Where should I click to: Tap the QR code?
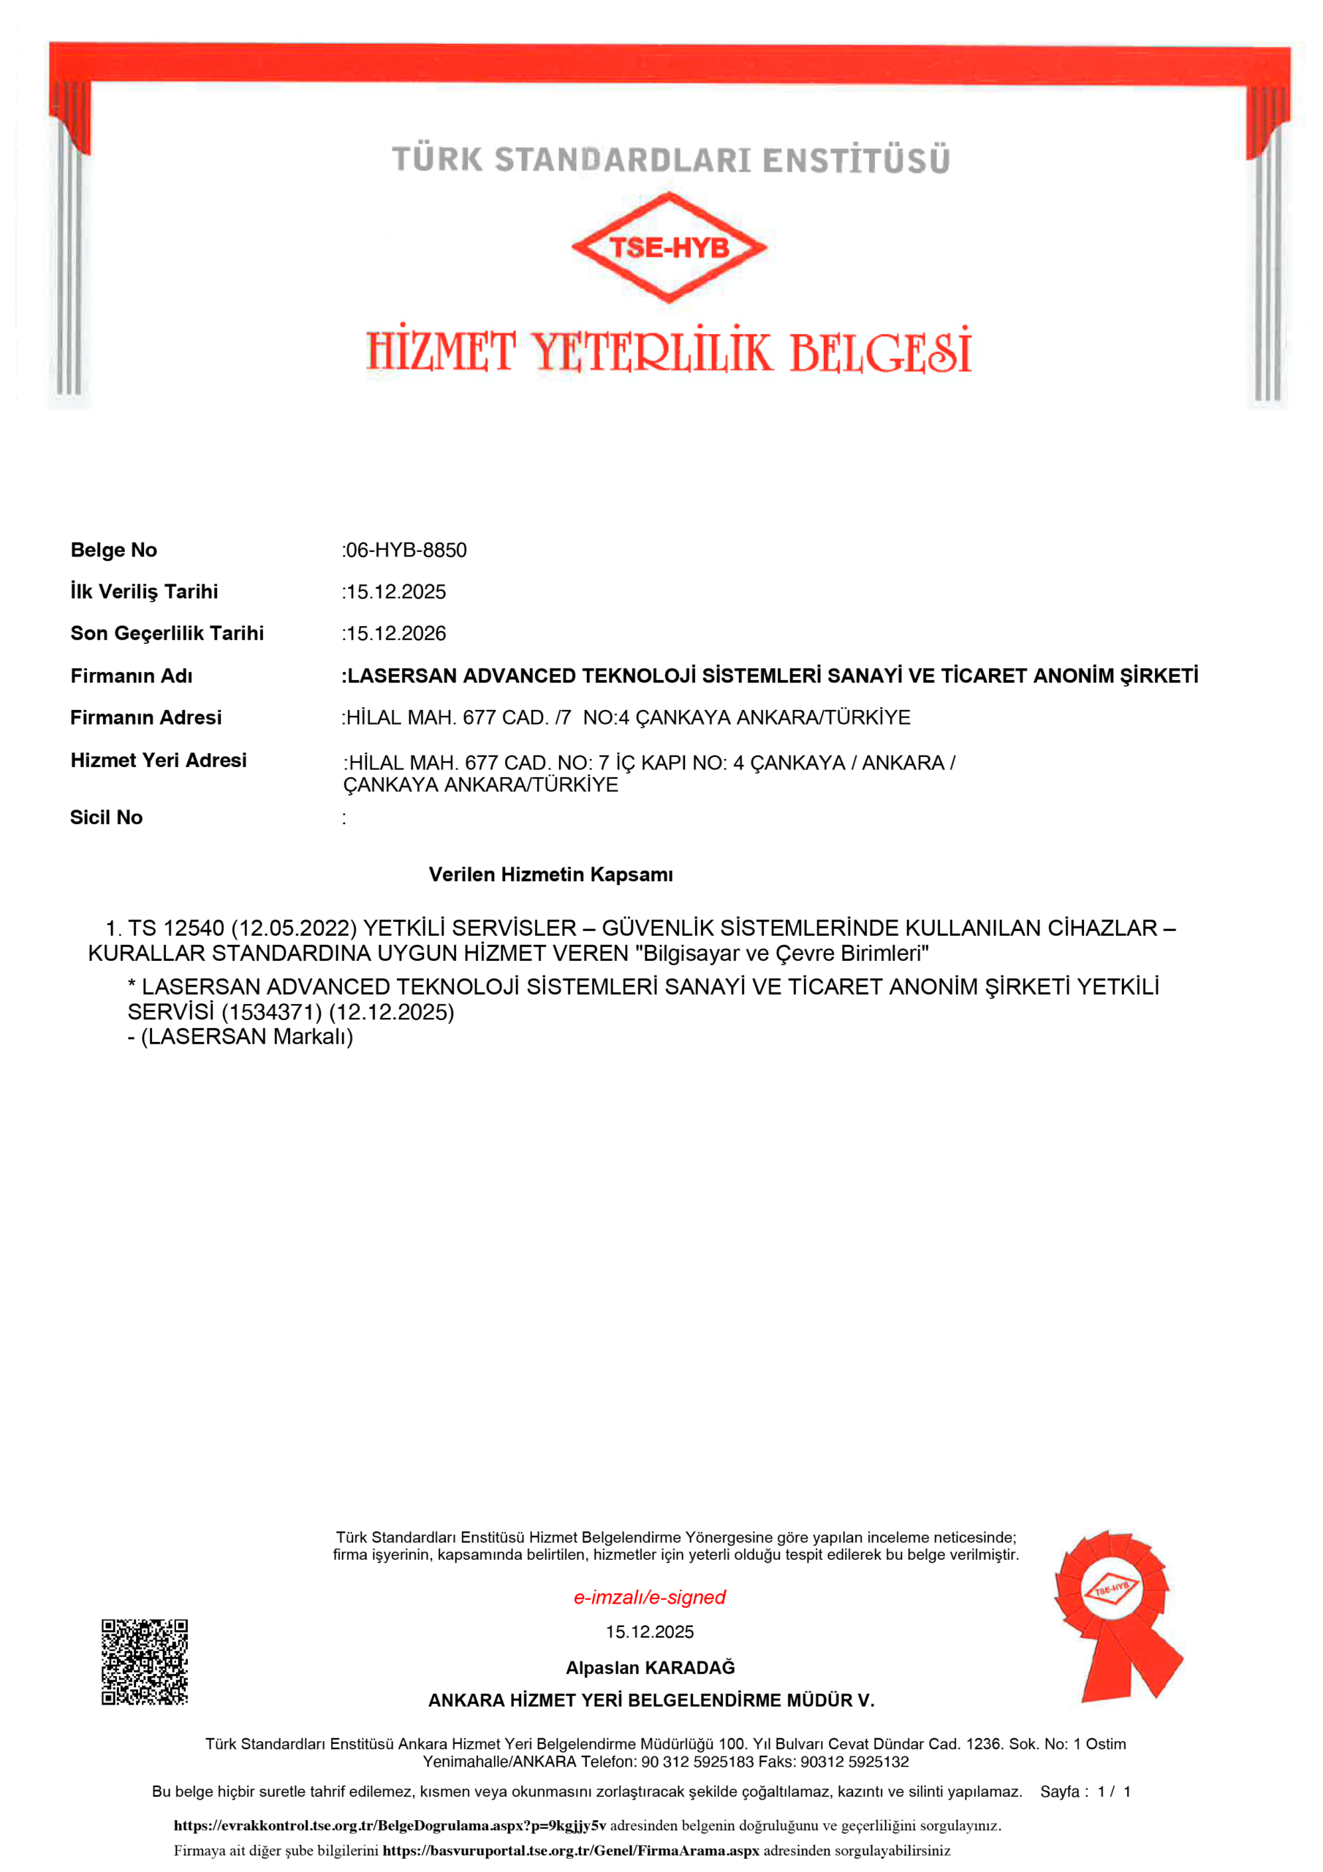pos(144,1661)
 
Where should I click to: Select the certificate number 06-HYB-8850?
pos(406,551)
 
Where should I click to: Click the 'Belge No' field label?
pos(114,551)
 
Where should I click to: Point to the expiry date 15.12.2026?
pos(396,633)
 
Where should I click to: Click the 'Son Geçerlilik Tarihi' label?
pos(167,633)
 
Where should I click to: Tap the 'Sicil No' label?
pos(106,818)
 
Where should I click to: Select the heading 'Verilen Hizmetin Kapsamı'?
pos(551,875)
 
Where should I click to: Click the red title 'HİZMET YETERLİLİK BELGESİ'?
pos(668,352)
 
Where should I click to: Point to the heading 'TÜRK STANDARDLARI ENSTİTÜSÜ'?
pos(670,160)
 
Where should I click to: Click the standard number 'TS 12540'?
pos(176,929)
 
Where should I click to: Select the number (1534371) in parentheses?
pos(271,1013)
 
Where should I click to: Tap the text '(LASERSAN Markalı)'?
pos(247,1037)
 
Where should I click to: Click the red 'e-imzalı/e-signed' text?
pos(650,1597)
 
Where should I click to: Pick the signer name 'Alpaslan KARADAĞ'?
pos(651,1667)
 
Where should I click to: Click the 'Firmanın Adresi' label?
pos(146,717)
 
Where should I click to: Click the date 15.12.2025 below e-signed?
pos(650,1631)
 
